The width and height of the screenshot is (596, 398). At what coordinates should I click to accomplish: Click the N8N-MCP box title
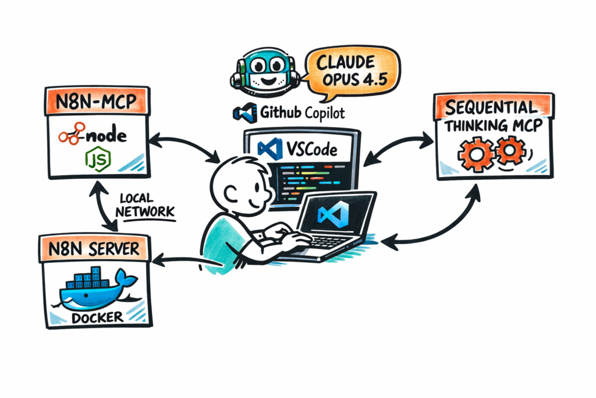[97, 100]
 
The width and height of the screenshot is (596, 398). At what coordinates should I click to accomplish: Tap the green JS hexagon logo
[96, 159]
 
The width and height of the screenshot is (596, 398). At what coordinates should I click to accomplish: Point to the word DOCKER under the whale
[97, 317]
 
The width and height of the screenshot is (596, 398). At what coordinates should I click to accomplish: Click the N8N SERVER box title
[96, 249]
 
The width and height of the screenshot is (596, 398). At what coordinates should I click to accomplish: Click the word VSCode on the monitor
[311, 150]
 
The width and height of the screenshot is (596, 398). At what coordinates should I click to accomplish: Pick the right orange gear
[511, 151]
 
